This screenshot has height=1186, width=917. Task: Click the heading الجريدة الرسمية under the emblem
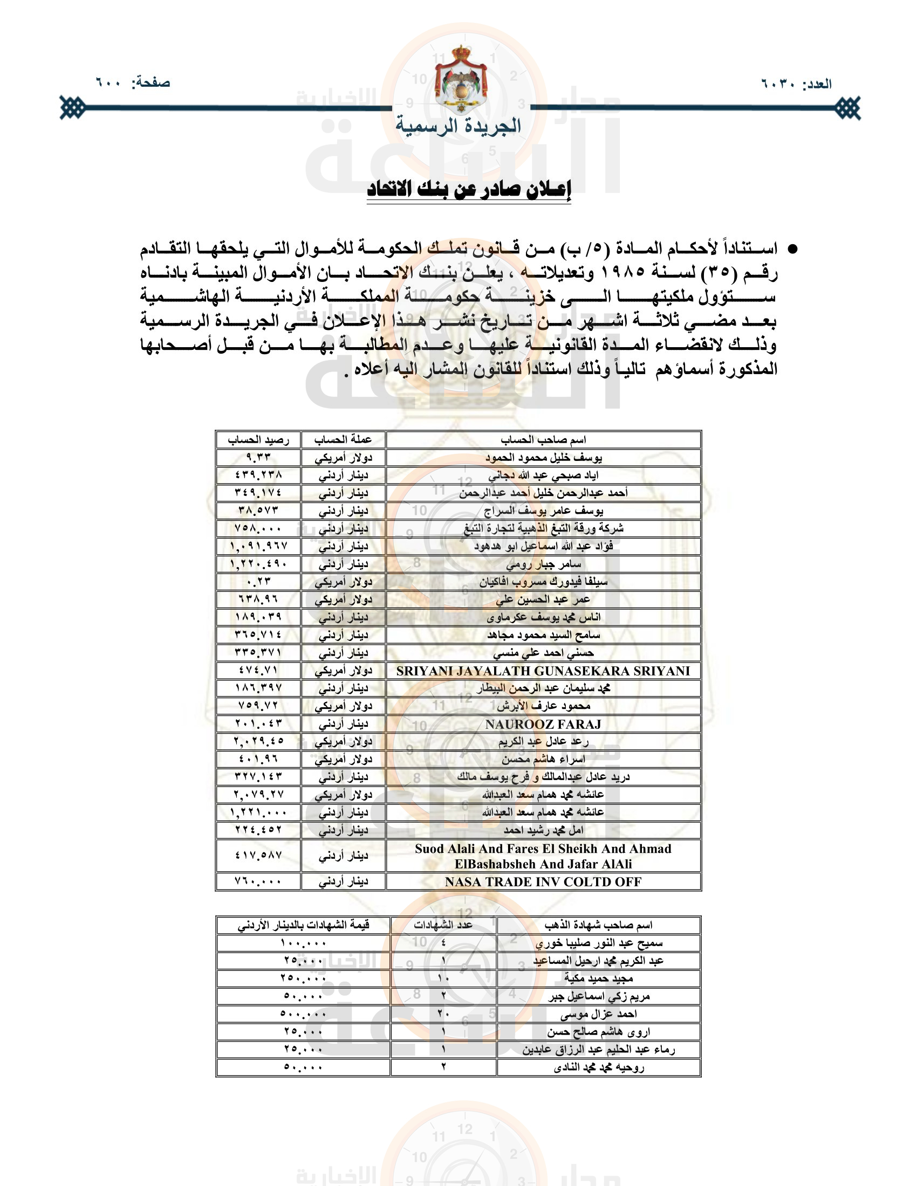[x=458, y=126]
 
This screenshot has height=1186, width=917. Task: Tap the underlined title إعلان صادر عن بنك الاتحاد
[x=469, y=190]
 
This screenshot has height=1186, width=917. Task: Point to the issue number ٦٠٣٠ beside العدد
[x=778, y=84]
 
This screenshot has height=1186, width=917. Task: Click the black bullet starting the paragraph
[x=793, y=249]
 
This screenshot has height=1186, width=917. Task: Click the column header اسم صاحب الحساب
[x=543, y=439]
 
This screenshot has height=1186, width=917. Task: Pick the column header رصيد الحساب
[x=258, y=439]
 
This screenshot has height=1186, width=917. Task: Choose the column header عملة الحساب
[x=343, y=439]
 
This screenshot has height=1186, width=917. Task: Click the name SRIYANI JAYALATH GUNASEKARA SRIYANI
[x=543, y=671]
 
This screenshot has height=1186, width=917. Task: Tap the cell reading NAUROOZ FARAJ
[x=543, y=724]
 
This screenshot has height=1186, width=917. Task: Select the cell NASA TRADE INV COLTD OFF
[x=543, y=881]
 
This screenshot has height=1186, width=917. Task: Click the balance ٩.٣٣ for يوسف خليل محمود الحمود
[x=258, y=457]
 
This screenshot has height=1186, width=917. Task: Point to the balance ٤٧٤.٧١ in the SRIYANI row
[x=258, y=670]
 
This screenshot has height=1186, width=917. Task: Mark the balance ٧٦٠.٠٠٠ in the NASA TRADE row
[x=258, y=881]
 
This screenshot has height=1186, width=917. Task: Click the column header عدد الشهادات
[x=443, y=925]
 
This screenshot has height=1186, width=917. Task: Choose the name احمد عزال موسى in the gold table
[x=599, y=1014]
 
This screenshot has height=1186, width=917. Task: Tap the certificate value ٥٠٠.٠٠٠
[x=303, y=1014]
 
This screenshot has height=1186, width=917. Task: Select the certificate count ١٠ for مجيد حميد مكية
[x=443, y=978]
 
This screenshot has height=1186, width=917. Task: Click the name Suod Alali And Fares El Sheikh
[x=543, y=849]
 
